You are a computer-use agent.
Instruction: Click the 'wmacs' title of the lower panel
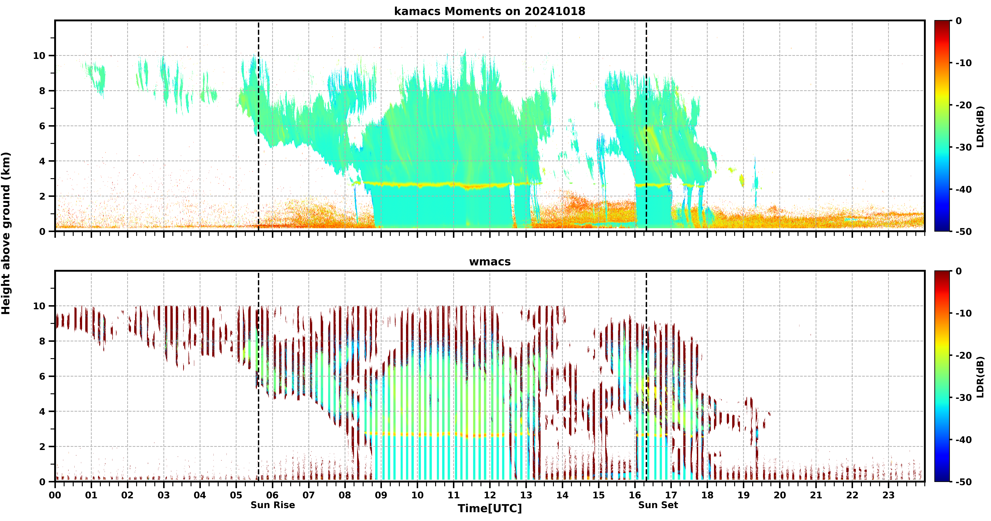[490, 262]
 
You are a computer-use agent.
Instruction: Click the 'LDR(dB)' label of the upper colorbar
[980, 126]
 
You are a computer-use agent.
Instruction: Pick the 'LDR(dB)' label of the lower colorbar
[980, 377]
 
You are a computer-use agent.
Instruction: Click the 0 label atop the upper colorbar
[959, 21]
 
